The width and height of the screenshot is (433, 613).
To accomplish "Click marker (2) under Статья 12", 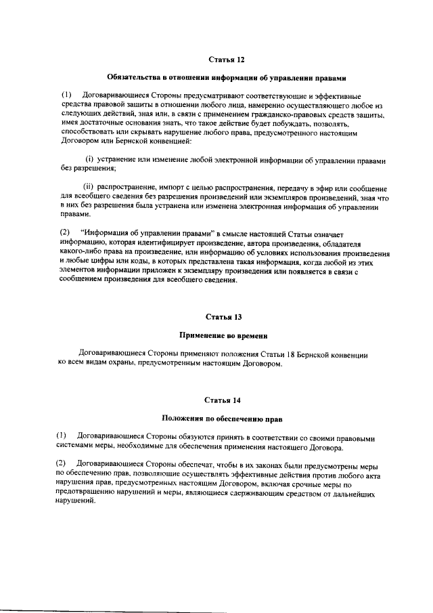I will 65,234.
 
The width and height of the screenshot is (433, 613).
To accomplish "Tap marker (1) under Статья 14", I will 63,438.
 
